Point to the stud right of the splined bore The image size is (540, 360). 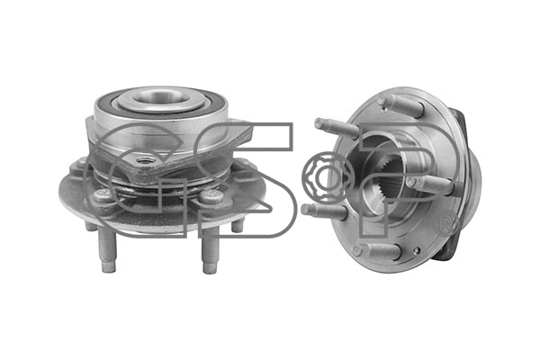(436, 184)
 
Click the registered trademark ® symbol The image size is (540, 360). (453, 222)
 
